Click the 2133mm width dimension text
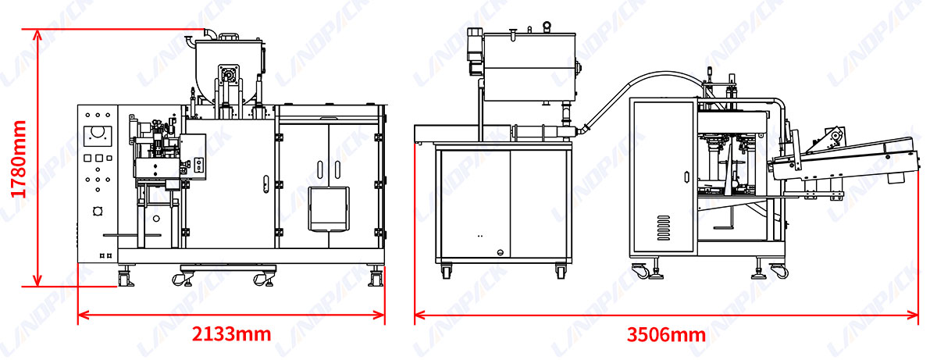(x=231, y=334)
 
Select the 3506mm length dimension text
(x=666, y=335)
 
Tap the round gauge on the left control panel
(x=98, y=131)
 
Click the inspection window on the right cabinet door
(x=328, y=209)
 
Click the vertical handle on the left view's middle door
(x=267, y=184)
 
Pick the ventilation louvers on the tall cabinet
(x=664, y=228)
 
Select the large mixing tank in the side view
(x=531, y=66)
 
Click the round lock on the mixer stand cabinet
(x=501, y=251)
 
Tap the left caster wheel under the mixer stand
(x=446, y=271)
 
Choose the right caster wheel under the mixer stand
(x=561, y=271)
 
